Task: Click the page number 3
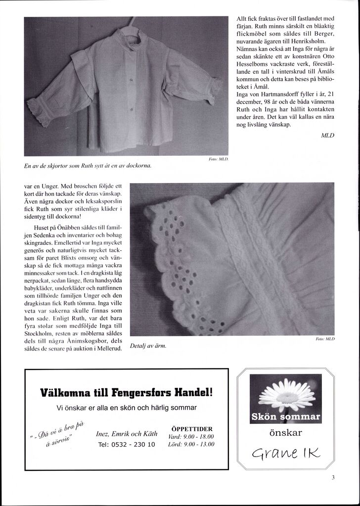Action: pos(334,477)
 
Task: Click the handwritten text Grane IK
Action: pos(285,451)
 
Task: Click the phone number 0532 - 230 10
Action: pos(127,444)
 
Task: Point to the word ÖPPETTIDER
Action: pos(191,428)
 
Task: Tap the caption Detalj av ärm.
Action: pos(147,346)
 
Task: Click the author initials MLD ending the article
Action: pos(328,135)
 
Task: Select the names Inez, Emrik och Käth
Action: pos(127,434)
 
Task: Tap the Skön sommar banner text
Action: pos(285,416)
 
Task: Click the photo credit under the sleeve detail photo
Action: pos(326,340)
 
